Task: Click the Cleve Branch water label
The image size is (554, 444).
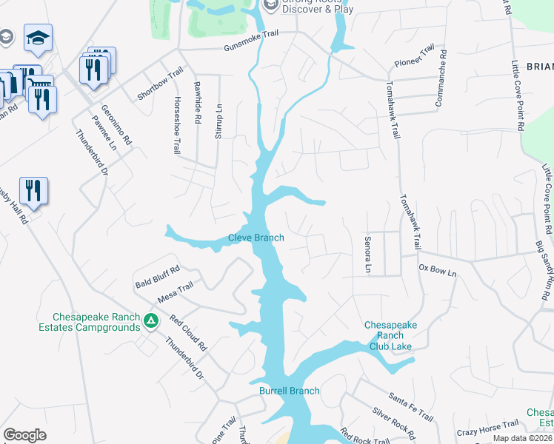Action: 256,238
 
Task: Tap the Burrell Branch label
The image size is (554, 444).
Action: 290,391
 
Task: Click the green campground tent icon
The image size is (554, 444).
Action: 150,321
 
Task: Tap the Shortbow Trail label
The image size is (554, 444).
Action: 160,84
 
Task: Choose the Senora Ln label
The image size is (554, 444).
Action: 367,254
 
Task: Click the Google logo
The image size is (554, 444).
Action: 24,435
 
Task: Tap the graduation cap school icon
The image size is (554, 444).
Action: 37,36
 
